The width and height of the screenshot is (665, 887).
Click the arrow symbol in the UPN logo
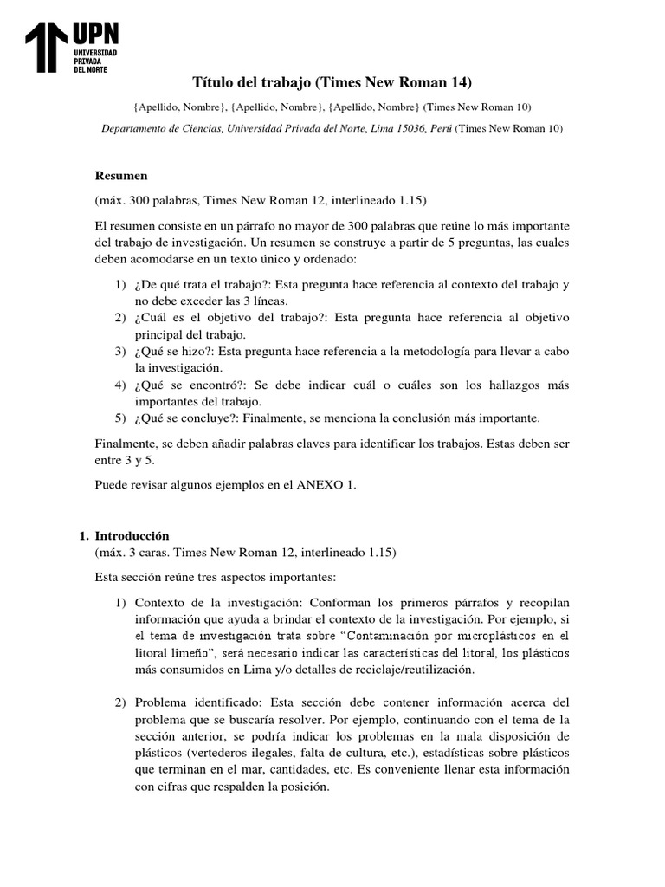pos(44,49)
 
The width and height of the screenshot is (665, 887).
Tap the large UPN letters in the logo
pos(95,34)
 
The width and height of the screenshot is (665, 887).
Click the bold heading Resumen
pos(121,175)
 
